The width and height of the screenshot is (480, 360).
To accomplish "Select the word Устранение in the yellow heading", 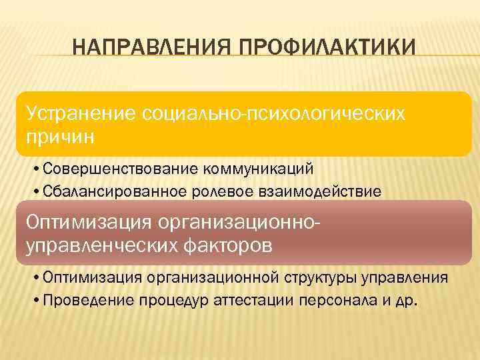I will (x=79, y=113).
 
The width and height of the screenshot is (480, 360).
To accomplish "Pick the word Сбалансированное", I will (x=112, y=192).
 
